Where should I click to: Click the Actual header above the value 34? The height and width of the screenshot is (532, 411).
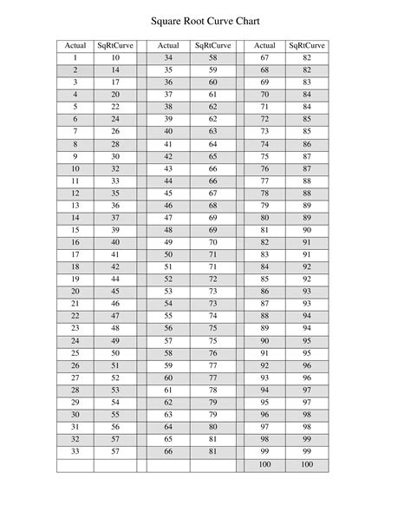click(168, 45)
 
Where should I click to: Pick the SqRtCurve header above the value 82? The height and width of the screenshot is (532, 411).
click(306, 45)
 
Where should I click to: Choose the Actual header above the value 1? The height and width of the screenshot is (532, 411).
click(75, 45)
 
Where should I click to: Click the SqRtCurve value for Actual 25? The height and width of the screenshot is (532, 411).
click(115, 354)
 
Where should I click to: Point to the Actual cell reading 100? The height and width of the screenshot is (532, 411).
click(264, 465)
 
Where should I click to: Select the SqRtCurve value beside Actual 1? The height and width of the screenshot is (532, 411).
click(115, 57)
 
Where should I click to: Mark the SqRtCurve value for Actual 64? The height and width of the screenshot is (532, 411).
click(212, 428)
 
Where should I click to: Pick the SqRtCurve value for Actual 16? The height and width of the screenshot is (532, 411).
click(115, 243)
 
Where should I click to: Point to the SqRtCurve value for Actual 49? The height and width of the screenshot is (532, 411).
click(212, 243)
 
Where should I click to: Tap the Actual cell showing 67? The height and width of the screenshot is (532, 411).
click(264, 57)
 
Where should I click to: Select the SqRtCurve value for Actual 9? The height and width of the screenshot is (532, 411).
click(115, 156)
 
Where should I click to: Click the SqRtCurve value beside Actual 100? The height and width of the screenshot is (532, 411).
click(306, 465)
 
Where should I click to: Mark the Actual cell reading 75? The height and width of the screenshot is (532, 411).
click(264, 156)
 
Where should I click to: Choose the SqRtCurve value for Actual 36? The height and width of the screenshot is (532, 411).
click(212, 82)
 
